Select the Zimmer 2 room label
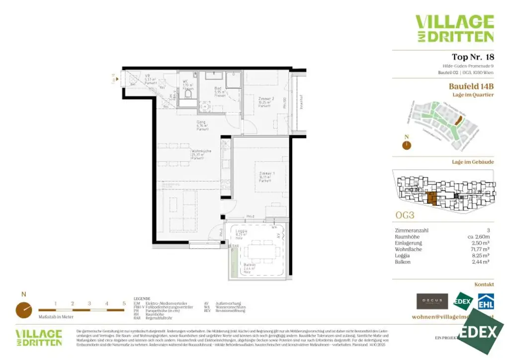(x=264, y=102)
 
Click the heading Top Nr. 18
(x=472, y=57)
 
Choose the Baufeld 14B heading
(x=471, y=86)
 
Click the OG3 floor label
(x=405, y=216)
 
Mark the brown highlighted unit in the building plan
(x=432, y=198)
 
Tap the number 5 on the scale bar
(x=124, y=303)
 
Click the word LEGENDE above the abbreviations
(x=142, y=299)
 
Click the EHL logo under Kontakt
(x=486, y=301)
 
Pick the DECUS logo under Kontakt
(x=432, y=301)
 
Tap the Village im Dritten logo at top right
(x=454, y=28)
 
